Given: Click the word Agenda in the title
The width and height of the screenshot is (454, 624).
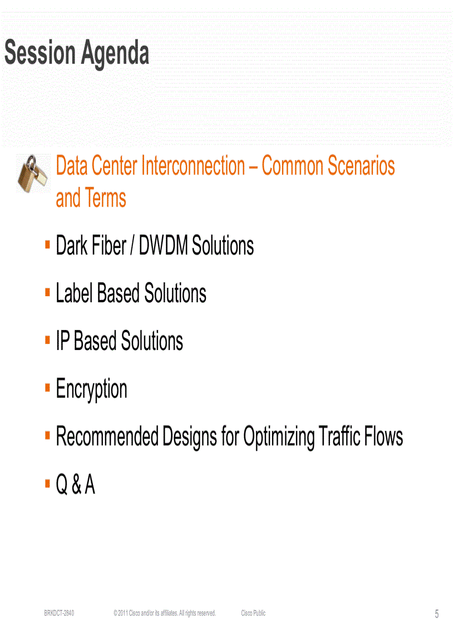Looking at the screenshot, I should click(116, 54).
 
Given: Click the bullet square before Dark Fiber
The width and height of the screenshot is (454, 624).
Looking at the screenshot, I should click(48, 243).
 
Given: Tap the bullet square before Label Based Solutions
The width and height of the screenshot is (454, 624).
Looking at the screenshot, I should click(48, 291).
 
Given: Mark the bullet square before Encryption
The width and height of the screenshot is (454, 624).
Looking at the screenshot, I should click(48, 386).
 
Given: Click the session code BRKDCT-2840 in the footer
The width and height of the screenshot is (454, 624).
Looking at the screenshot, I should click(60, 613).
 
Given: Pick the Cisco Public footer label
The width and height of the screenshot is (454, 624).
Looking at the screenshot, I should click(253, 613).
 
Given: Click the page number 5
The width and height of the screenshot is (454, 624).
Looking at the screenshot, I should click(437, 614).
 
